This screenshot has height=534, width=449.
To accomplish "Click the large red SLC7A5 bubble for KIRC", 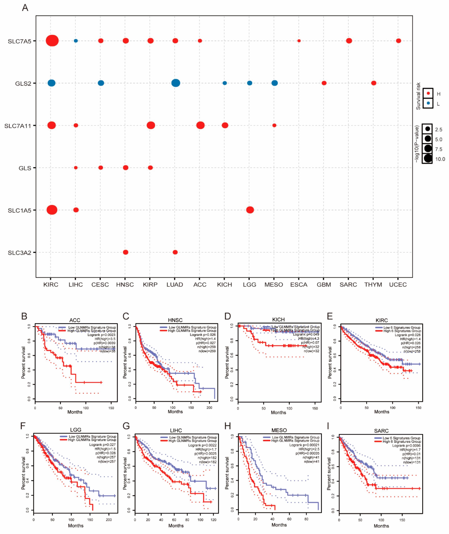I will tap(52, 41).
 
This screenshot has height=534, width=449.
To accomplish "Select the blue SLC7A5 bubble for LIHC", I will tap(76, 41).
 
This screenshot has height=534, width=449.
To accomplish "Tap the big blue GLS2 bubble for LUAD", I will tap(176, 83).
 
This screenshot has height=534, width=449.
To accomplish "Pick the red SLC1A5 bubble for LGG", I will tap(250, 210).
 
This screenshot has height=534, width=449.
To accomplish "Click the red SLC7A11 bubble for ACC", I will tap(200, 125).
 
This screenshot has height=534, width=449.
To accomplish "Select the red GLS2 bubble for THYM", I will tap(373, 83).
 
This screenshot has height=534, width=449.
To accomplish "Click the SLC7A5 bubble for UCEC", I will tap(398, 41).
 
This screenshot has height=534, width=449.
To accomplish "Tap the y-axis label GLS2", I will tap(23, 83).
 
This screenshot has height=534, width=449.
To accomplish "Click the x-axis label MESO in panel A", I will tap(274, 285).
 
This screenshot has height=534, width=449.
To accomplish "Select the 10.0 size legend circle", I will tap(428, 159).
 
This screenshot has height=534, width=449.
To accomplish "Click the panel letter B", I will tap(24, 316).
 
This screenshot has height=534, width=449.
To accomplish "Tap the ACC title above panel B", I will tap(75, 320).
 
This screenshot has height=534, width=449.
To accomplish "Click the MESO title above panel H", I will tap(279, 430).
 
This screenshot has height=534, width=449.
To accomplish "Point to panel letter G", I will tap(126, 426).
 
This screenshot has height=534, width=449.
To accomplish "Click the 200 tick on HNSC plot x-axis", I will tap(209, 407).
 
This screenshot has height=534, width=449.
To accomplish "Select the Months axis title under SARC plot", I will tap(381, 526).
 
